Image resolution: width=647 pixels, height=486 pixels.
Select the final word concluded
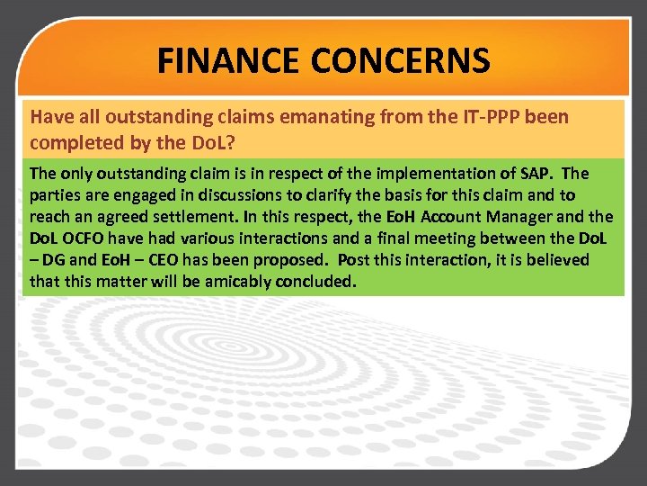(x=318, y=281)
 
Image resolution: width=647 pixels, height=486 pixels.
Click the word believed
(x=554, y=259)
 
